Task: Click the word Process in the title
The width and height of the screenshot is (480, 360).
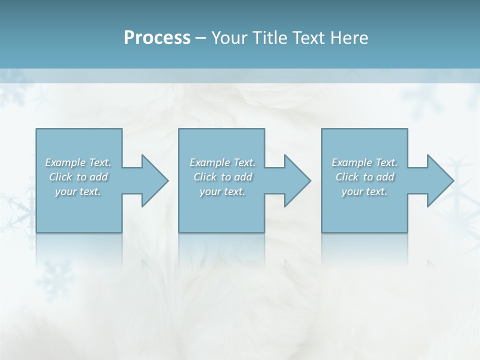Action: tap(157, 37)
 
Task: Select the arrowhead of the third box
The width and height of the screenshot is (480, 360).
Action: tap(439, 180)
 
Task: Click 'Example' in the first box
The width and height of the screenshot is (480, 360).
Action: tap(65, 162)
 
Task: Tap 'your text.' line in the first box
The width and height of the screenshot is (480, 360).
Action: tap(78, 191)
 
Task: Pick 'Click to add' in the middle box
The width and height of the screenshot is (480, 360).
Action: tap(222, 177)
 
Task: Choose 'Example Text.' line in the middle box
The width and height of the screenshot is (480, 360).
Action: tap(222, 162)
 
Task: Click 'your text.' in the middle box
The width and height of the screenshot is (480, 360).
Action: tap(222, 191)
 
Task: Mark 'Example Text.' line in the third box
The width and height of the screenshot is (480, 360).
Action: tap(364, 162)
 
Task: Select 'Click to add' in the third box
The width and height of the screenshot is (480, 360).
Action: tap(364, 177)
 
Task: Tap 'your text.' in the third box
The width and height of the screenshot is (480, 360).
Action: tap(364, 191)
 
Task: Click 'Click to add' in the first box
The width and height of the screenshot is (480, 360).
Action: tap(78, 177)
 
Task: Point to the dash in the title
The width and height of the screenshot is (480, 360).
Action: tap(201, 38)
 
